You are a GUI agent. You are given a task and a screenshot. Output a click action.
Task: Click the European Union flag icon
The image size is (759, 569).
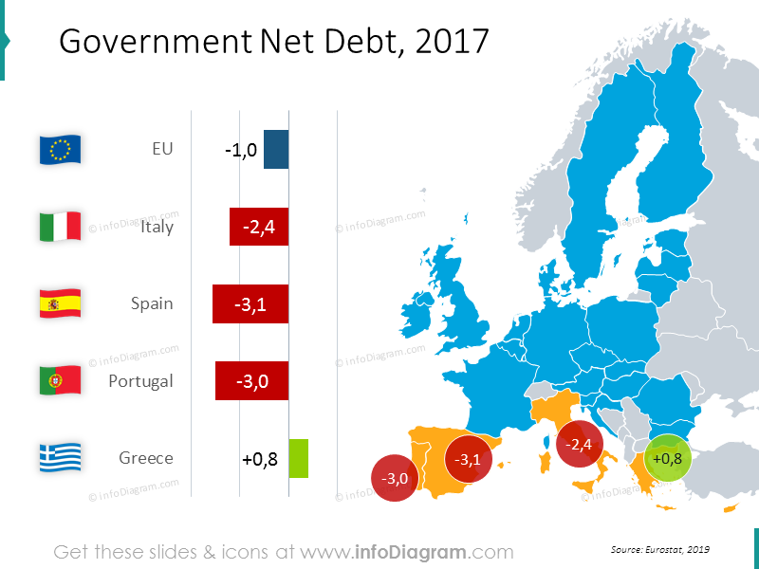click(60, 150)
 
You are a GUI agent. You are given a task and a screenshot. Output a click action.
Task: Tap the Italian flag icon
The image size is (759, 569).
click(60, 227)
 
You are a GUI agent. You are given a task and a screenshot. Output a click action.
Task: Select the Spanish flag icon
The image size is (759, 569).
click(60, 303)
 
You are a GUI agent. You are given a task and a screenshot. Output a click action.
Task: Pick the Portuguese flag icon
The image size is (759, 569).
click(60, 380)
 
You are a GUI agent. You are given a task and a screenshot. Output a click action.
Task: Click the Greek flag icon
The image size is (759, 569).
click(60, 457)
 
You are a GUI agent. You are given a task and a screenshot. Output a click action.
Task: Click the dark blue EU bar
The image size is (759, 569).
click(276, 150)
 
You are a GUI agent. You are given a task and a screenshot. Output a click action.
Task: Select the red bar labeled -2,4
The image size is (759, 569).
click(259, 228)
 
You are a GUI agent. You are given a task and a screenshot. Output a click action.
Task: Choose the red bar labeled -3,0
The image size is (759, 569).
click(252, 381)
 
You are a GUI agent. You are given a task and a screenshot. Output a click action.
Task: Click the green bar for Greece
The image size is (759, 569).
click(299, 458)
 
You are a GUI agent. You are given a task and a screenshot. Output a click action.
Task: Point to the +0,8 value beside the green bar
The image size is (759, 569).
click(260, 459)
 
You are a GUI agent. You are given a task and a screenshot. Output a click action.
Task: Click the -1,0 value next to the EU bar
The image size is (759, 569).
click(241, 151)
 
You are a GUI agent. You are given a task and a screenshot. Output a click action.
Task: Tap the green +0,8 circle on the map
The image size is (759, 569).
click(669, 458)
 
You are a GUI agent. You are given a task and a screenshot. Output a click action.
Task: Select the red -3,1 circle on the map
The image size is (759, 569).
click(469, 459)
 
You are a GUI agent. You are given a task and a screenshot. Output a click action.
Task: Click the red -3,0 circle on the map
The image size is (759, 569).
click(395, 479)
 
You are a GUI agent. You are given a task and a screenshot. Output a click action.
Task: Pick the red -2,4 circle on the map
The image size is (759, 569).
click(580, 444)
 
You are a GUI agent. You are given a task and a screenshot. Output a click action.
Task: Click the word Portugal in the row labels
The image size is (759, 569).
click(140, 381)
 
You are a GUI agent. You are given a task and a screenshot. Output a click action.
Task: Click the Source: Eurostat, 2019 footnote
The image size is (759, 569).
click(660, 549)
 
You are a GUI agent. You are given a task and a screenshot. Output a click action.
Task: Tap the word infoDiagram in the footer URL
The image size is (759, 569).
click(410, 552)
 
